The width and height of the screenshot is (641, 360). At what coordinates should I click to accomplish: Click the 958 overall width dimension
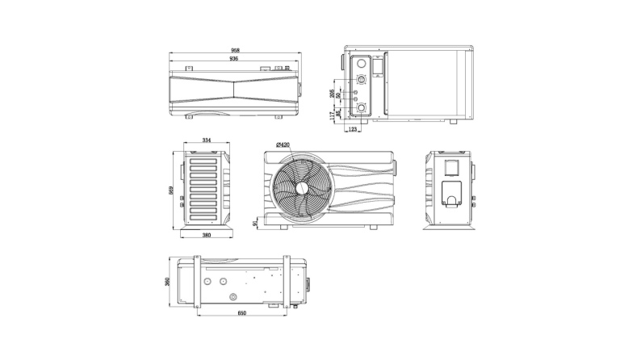click(235, 50)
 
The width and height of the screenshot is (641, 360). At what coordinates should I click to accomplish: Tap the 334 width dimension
click(206, 140)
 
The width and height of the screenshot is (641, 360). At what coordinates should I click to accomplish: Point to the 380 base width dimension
click(206, 235)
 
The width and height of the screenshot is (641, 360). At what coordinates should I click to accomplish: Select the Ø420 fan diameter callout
click(283, 144)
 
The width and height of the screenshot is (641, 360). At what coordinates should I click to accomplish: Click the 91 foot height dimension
click(256, 221)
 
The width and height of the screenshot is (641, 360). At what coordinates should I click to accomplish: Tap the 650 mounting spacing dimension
click(241, 312)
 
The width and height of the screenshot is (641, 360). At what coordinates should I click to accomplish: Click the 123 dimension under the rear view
click(354, 128)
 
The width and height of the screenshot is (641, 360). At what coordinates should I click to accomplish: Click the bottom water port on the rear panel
click(360, 108)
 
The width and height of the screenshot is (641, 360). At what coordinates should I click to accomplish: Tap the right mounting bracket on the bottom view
click(286, 281)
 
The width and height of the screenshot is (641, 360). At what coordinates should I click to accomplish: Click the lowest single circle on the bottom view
click(233, 295)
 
